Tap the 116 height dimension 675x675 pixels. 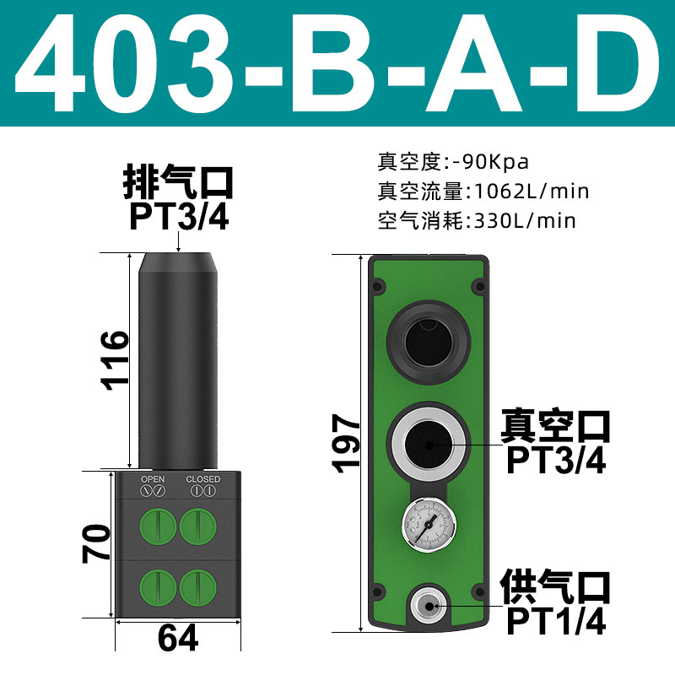115,361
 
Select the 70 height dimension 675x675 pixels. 96,543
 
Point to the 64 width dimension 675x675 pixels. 178,638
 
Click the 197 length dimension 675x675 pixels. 346,444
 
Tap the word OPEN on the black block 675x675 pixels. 153,479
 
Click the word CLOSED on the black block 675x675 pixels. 203,479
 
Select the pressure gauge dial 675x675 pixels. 429,524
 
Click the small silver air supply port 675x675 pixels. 429,606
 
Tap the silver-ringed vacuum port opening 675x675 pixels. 429,445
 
